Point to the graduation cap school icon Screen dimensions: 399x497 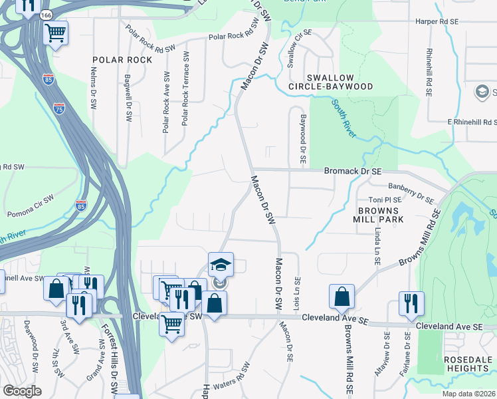click(221, 265)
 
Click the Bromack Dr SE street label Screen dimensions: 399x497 click(353, 171)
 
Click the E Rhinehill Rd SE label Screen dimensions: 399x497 click(471, 122)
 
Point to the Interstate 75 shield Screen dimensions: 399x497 click(60, 107)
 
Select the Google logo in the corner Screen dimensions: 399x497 click(22, 391)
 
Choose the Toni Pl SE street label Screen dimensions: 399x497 click(385, 199)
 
